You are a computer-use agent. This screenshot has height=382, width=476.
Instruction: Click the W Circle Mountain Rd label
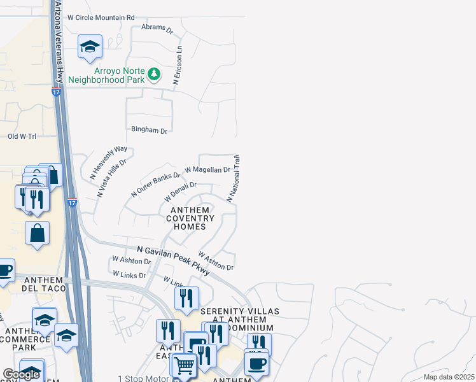101,18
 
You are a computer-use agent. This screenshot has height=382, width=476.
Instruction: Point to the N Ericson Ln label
178,64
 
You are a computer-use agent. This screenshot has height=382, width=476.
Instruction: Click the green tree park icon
153,74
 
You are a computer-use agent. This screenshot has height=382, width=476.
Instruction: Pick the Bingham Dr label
149,131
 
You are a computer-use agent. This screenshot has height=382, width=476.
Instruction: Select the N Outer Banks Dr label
156,183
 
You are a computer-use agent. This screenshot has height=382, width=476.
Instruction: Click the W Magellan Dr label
207,170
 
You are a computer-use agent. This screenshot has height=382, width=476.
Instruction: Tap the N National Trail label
233,178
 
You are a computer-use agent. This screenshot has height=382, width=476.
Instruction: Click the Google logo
21,374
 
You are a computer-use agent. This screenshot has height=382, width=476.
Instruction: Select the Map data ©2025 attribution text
449,377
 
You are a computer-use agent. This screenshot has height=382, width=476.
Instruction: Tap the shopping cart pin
184,366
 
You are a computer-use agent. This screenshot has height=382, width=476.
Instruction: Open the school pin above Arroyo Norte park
90,46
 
